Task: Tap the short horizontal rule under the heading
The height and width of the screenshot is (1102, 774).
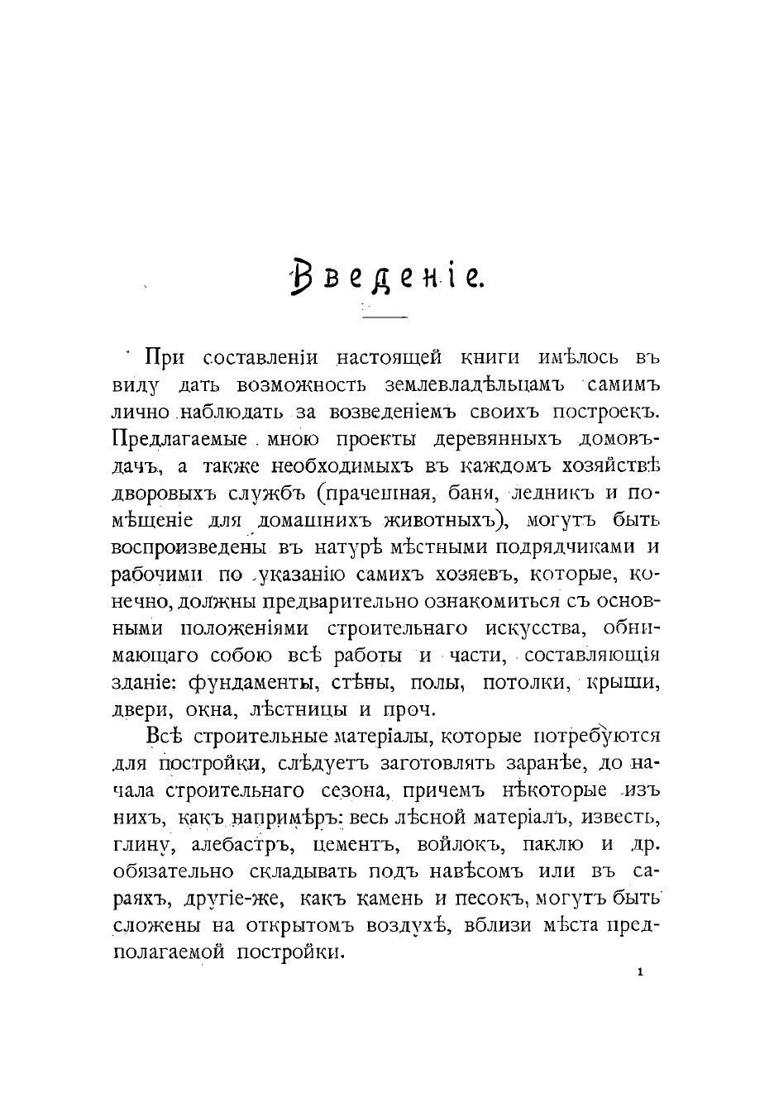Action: pyautogui.click(x=385, y=317)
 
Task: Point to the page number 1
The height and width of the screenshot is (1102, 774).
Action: pyautogui.click(x=641, y=972)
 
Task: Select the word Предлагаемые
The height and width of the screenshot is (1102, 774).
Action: pyautogui.click(x=179, y=439)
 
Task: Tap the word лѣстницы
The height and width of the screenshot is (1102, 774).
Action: pyautogui.click(x=296, y=710)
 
